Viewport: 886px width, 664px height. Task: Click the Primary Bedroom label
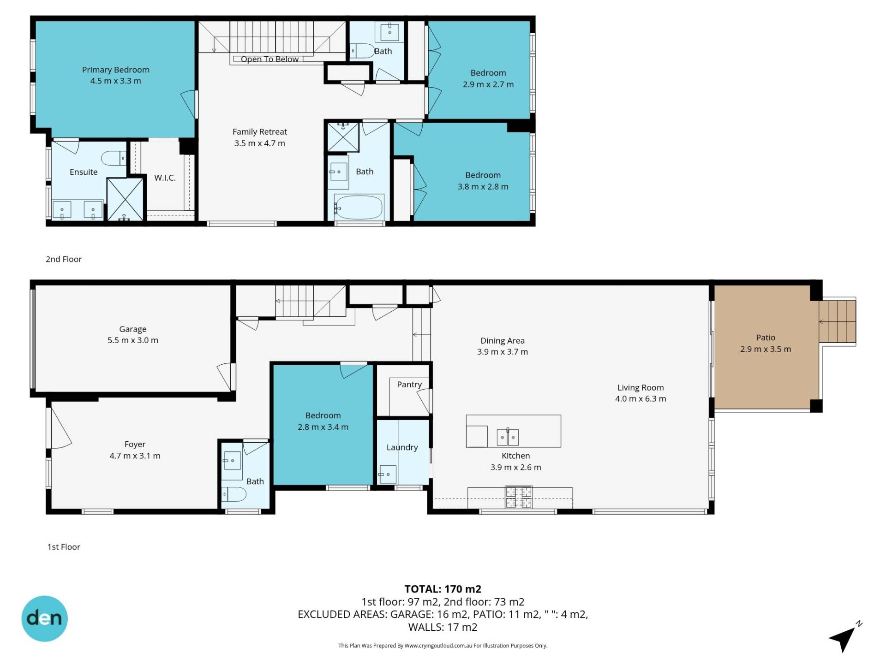click(115, 70)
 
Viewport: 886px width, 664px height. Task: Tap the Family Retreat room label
click(260, 132)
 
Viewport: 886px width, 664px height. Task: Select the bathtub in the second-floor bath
click(359, 207)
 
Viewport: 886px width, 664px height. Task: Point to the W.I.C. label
click(165, 178)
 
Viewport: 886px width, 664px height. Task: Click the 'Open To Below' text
click(269, 59)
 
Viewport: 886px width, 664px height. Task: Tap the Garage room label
click(133, 329)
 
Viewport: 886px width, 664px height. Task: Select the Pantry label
click(409, 385)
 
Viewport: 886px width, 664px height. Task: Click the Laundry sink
click(387, 474)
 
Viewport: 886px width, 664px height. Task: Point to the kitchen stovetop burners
click(519, 497)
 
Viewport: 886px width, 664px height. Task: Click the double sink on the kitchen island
click(508, 437)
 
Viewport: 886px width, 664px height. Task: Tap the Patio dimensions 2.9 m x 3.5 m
click(766, 349)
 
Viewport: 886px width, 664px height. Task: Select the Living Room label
click(641, 388)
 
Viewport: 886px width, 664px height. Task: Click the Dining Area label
click(503, 341)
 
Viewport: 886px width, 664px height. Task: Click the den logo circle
click(45, 619)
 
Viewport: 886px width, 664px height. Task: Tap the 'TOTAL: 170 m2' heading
click(443, 589)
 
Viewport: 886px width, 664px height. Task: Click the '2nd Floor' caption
click(64, 259)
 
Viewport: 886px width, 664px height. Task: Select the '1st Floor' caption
click(64, 547)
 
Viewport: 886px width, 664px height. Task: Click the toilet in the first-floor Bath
click(234, 495)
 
